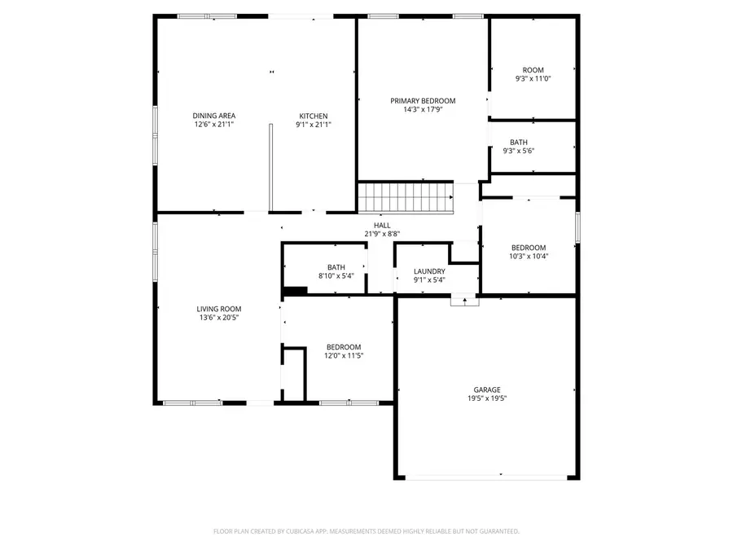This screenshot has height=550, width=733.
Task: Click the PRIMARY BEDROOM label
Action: pyautogui.click(x=423, y=101)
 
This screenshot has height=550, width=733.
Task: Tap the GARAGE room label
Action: pyautogui.click(x=487, y=389)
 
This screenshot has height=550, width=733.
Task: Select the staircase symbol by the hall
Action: pyautogui.click(x=406, y=196)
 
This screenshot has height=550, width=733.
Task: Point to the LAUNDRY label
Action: pyautogui.click(x=429, y=271)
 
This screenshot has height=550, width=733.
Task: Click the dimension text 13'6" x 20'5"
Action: pyautogui.click(x=218, y=318)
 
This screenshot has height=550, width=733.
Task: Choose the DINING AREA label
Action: pyautogui.click(x=214, y=116)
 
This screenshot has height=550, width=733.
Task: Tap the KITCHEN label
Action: pyautogui.click(x=313, y=116)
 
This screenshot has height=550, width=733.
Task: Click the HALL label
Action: pyautogui.click(x=382, y=226)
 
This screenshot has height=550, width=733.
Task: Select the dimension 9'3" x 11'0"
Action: pyautogui.click(x=533, y=79)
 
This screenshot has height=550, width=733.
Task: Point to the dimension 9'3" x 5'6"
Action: pyautogui.click(x=533, y=151)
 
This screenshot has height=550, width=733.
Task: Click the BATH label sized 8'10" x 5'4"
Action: pyautogui.click(x=336, y=267)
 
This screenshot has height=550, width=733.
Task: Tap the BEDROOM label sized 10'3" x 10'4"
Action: pyautogui.click(x=529, y=248)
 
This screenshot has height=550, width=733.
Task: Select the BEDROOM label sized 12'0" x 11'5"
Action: pyautogui.click(x=344, y=347)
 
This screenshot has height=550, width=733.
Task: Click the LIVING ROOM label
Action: pyautogui.click(x=218, y=309)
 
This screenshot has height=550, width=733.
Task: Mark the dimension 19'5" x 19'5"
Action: pyautogui.click(x=487, y=398)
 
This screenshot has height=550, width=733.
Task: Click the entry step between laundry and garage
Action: pyautogui.click(x=465, y=300)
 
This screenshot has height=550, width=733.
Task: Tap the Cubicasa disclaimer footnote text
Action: pyautogui.click(x=366, y=531)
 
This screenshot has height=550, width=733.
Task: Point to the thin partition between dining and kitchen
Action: pyautogui.click(x=270, y=168)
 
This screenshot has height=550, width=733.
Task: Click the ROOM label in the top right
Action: pyautogui.click(x=533, y=70)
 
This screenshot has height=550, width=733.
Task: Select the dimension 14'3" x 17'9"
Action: pyautogui.click(x=423, y=110)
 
